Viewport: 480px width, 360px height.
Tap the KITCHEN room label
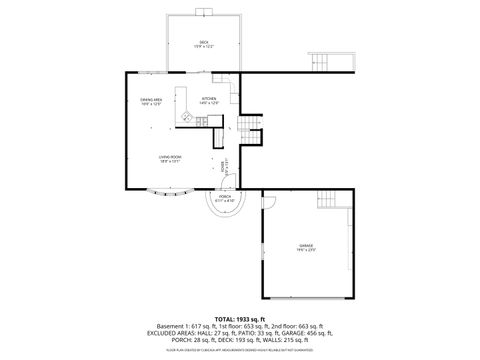209,100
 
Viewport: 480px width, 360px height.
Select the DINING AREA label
151,101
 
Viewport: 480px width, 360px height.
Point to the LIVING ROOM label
169,158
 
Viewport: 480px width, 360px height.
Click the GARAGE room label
305,247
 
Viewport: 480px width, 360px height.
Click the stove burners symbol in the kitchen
185,117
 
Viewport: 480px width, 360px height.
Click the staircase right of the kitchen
249,128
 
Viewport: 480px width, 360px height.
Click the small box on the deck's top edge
204,12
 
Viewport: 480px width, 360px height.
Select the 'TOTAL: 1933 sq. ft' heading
240,318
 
